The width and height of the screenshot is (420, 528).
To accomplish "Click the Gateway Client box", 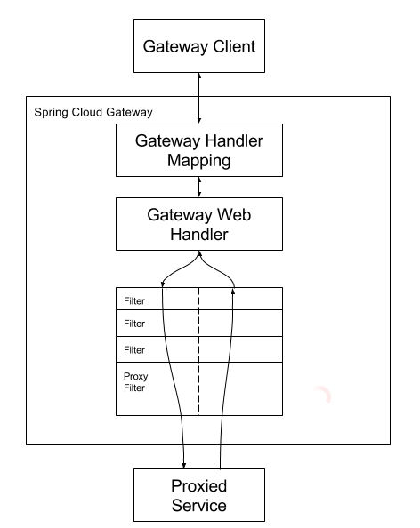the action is [x=199, y=46].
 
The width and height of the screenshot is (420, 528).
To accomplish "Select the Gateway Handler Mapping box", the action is [x=199, y=150].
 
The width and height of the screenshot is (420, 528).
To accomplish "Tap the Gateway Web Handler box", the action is [x=199, y=224].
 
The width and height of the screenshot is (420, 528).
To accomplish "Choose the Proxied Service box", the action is [x=199, y=495].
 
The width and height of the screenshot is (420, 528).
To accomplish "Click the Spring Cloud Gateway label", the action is [x=93, y=113].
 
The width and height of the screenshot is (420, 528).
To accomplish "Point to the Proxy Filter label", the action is [x=135, y=382].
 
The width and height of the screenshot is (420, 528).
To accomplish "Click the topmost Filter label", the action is [x=134, y=300].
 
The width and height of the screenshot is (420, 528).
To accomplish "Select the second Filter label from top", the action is [x=134, y=324].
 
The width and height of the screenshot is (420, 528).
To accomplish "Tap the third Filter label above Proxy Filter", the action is [x=134, y=350].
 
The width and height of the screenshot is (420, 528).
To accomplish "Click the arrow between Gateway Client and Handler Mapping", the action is [x=199, y=98].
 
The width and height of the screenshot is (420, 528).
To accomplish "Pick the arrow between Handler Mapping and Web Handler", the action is [x=199, y=187].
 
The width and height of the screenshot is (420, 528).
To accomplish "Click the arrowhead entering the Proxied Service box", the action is [x=183, y=466].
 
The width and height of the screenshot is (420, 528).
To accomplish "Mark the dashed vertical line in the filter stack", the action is [x=198, y=351].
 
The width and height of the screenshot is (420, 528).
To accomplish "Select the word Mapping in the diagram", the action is [x=199, y=160].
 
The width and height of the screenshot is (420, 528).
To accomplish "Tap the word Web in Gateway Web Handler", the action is [x=234, y=214].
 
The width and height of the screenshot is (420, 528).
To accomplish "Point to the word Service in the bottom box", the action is [x=199, y=506].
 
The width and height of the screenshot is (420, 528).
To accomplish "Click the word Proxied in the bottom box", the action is [x=199, y=486].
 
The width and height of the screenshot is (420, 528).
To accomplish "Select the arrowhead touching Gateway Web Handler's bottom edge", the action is [x=199, y=253].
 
